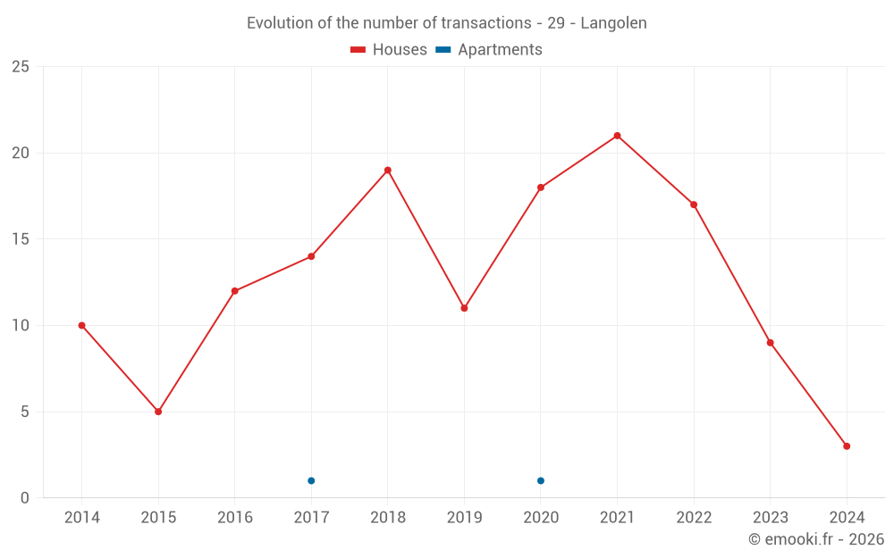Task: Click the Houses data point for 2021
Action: click(617, 136)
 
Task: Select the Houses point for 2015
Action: click(158, 412)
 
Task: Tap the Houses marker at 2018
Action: click(388, 171)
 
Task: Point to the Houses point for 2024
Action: click(847, 446)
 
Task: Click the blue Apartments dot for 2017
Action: click(311, 481)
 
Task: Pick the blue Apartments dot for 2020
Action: click(541, 481)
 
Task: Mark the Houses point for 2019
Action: click(464, 308)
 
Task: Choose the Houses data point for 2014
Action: click(81, 325)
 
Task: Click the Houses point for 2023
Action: click(770, 343)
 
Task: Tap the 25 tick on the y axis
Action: click(21, 67)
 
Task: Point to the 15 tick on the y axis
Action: click(21, 239)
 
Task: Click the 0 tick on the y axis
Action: click(25, 498)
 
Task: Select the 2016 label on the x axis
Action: click(234, 518)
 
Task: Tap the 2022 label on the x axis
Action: click(694, 518)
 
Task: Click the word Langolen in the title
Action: click(613, 23)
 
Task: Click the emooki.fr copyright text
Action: click(816, 539)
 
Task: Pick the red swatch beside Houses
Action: click(358, 50)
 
